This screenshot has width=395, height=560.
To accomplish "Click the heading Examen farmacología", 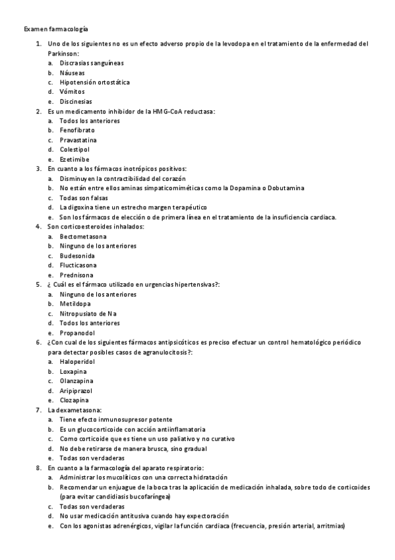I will [56, 30].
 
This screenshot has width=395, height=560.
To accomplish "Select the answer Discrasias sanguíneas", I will [91, 63].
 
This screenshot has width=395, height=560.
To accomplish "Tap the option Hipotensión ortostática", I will [94, 83].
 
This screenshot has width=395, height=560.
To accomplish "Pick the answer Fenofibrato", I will [77, 131].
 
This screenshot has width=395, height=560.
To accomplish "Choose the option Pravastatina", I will [78, 141].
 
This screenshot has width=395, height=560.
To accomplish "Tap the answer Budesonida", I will [77, 256].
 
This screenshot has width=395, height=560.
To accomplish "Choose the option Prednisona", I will [76, 275].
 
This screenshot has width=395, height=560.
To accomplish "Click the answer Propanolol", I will [76, 333].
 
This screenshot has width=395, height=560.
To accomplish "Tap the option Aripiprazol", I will [76, 391].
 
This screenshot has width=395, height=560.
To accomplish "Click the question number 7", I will [38, 410].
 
